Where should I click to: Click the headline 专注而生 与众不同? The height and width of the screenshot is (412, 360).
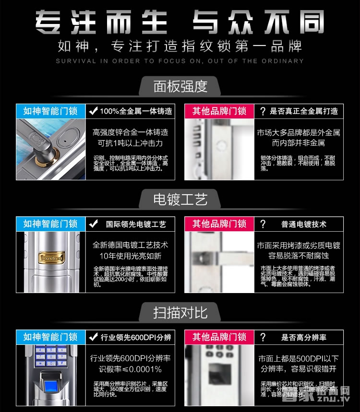click(180, 23)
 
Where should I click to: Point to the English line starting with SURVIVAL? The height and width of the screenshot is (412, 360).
click(180, 61)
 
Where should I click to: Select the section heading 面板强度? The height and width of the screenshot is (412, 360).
click(180, 86)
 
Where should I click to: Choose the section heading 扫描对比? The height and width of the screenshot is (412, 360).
click(180, 313)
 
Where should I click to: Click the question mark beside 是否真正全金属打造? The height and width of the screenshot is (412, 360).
click(263, 111)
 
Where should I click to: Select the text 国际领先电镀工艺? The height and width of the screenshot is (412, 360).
click(136, 224)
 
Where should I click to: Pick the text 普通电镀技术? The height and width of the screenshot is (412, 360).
click(303, 224)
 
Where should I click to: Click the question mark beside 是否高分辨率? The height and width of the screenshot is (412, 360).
click(263, 337)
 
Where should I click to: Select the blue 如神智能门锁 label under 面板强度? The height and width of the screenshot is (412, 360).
click(50, 111)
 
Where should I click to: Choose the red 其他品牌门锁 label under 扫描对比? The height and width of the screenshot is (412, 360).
click(219, 337)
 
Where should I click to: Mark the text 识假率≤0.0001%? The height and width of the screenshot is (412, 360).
click(131, 369)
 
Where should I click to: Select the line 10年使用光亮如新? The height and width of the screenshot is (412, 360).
click(131, 256)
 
